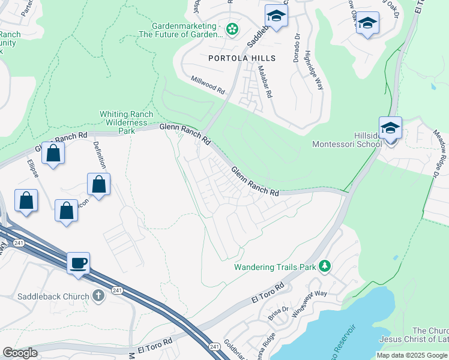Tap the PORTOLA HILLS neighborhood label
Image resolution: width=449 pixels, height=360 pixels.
tap(242, 58)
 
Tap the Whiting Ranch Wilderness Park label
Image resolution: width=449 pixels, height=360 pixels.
tap(126, 122)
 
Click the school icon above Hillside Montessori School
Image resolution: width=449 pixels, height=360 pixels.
tap(390, 128)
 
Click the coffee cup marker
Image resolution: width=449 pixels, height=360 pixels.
tap(78, 263)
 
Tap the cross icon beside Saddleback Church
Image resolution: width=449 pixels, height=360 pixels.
tap(99, 295)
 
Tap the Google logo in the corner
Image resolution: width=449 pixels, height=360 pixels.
tap(20, 353)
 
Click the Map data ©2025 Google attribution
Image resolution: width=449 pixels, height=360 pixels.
tap(412, 355)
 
